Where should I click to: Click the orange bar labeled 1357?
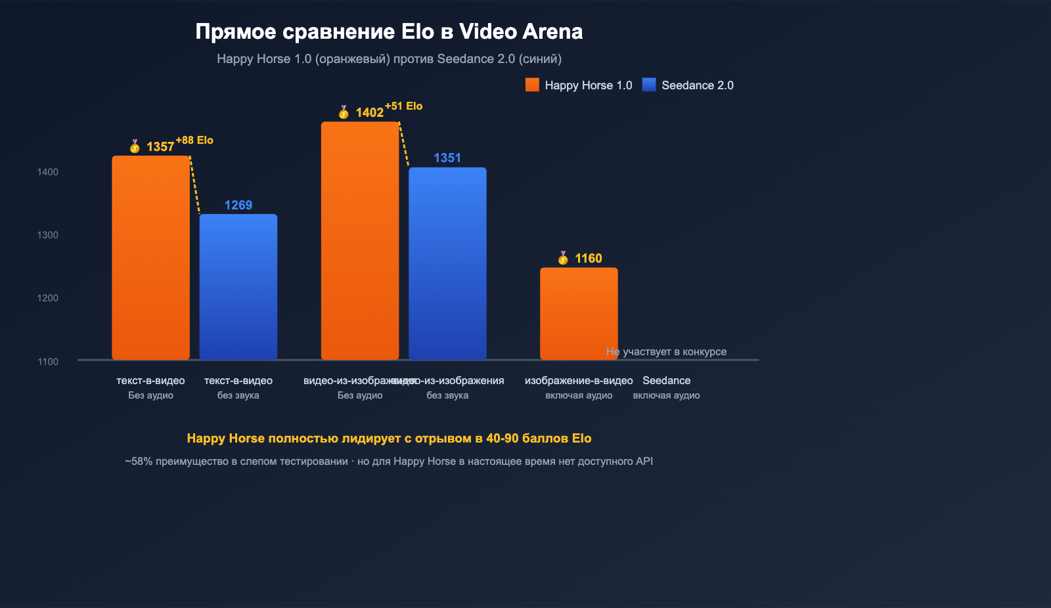[150, 257]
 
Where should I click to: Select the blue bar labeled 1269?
[238, 287]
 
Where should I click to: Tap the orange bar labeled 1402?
[359, 240]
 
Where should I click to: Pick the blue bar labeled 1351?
[447, 263]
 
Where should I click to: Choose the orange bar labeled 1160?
[579, 313]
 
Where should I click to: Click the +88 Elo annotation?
[194, 141]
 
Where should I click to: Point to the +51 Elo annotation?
[403, 106]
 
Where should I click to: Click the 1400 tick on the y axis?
[47, 172]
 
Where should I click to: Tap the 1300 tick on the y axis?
[47, 235]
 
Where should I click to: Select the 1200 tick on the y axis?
[47, 298]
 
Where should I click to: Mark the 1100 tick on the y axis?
[47, 362]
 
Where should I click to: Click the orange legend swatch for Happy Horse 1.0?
[532, 85]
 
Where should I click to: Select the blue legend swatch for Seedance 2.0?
[649, 85]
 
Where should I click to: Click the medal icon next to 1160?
[563, 258]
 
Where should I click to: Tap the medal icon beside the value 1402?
[344, 112]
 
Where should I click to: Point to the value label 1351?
[447, 158]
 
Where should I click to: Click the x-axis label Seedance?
[666, 381]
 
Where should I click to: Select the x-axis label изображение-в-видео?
[579, 381]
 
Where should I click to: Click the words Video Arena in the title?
[521, 32]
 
